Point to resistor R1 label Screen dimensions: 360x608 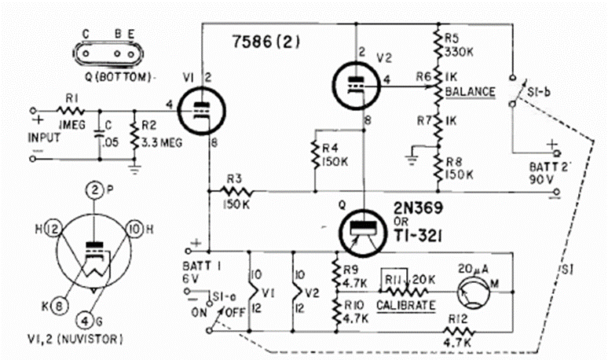71,99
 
